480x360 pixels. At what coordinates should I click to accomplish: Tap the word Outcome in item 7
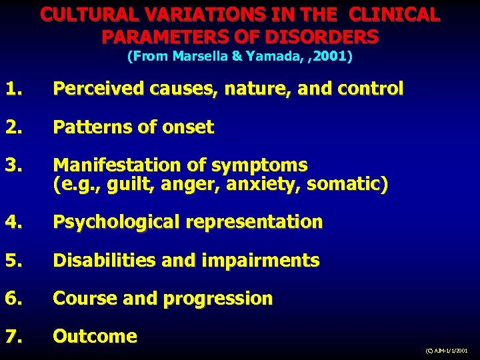click(95, 337)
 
